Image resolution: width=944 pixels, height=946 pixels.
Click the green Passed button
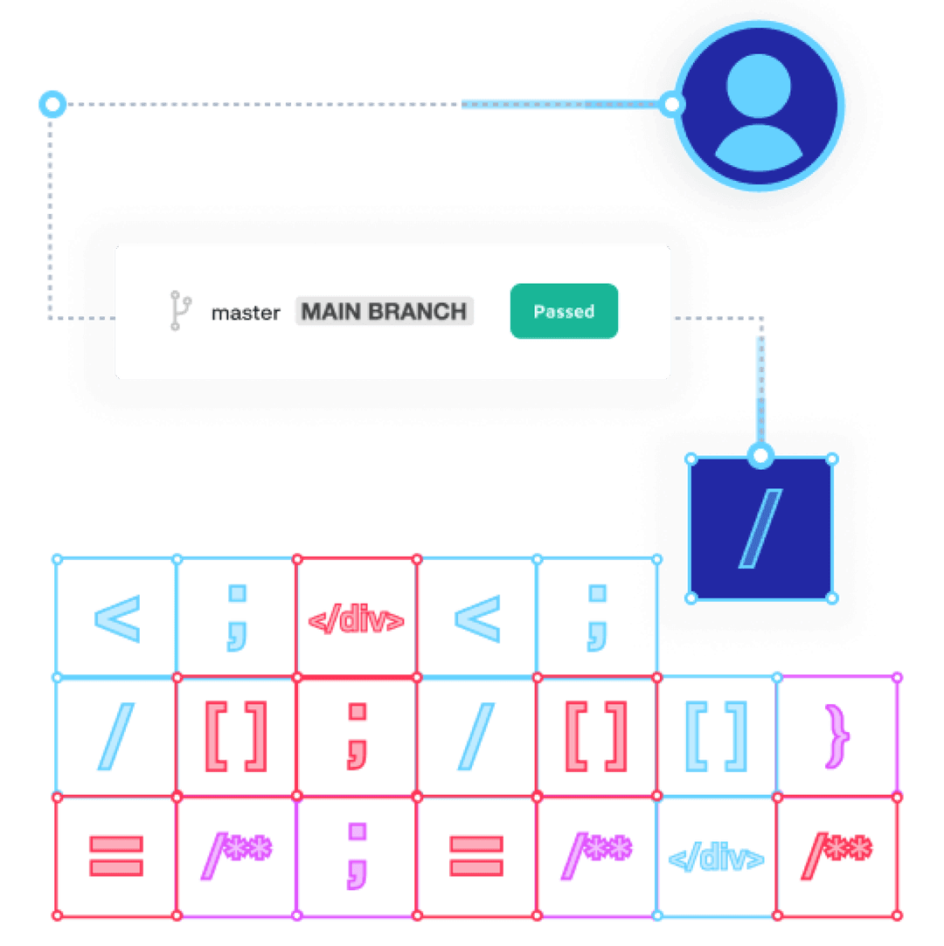[x=564, y=311]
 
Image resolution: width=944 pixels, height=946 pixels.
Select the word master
[x=246, y=313]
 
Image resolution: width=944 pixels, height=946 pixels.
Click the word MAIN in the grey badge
[x=330, y=312]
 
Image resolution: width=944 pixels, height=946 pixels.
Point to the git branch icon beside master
[x=179, y=311]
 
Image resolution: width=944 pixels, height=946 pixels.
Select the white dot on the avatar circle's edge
[x=671, y=105]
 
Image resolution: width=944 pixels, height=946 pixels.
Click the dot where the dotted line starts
[x=52, y=105]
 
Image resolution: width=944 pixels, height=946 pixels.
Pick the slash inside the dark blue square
[x=760, y=528]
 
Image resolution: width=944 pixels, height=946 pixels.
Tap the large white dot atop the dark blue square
[x=760, y=455]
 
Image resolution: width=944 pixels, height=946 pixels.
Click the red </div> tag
[x=357, y=621]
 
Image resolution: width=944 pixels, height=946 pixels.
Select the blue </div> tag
[x=717, y=859]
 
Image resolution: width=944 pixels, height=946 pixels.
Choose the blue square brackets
[x=718, y=735]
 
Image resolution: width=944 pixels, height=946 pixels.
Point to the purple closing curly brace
[x=836, y=735]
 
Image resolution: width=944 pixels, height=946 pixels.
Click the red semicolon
[x=357, y=735]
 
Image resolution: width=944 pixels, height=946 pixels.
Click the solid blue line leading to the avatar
[x=564, y=105]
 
